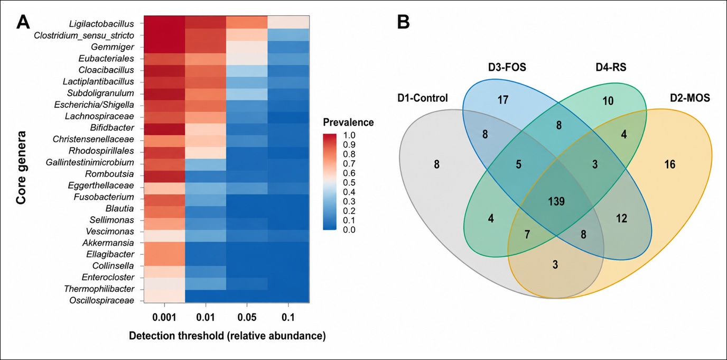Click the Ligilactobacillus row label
[x=101, y=24]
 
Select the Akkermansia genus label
[x=108, y=243]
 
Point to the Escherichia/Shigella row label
[x=94, y=105]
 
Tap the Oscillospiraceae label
[x=101, y=301]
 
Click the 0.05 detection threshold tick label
[x=247, y=317]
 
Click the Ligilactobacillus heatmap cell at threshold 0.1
[x=288, y=22]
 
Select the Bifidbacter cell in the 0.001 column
[x=164, y=129]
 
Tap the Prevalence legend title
[x=348, y=123]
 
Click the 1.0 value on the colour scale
[x=349, y=135]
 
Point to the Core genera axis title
[x=21, y=168]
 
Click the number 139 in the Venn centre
[x=557, y=201]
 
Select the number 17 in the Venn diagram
[x=503, y=100]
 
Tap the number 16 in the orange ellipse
[x=670, y=164]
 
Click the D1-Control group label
[x=423, y=98]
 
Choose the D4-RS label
[x=611, y=67]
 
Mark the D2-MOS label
[x=690, y=98]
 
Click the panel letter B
[x=404, y=22]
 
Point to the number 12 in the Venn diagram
[x=621, y=218]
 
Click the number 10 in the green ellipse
[x=608, y=101]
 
